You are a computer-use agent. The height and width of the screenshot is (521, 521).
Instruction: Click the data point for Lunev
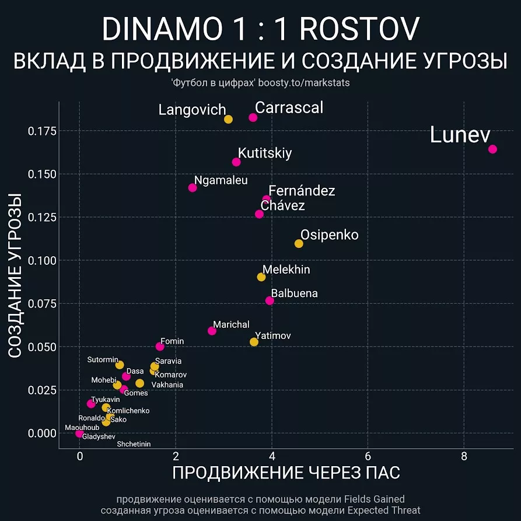[x=492, y=149]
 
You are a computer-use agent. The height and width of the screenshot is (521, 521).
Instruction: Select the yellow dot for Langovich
[x=228, y=119]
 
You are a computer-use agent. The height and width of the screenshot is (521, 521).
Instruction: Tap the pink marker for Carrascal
[x=253, y=117]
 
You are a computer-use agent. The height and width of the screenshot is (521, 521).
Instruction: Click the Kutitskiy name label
[x=265, y=153]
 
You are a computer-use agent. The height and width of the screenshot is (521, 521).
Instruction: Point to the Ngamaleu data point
[x=193, y=187]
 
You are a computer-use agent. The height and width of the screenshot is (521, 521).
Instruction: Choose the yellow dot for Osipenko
[x=299, y=243]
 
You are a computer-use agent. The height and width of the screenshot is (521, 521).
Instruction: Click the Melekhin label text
[x=286, y=270]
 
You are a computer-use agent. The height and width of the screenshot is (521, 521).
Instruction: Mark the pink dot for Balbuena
[x=270, y=300]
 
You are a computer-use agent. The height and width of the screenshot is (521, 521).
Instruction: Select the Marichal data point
[x=212, y=331]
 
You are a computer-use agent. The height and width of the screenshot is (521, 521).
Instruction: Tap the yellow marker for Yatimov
[x=254, y=342]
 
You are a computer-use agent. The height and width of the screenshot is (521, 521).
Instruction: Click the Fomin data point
[x=160, y=347]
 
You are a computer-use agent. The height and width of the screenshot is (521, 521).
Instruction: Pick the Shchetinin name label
[x=134, y=444]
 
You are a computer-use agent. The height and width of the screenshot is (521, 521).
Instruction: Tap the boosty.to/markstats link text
[x=303, y=83]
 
